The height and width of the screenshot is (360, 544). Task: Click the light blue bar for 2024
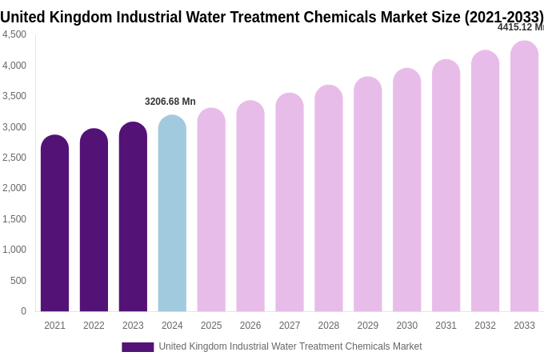(172, 214)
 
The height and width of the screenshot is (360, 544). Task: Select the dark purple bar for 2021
(54, 223)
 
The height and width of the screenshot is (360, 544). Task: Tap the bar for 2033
(524, 176)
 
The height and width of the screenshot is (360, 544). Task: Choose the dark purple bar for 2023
(133, 217)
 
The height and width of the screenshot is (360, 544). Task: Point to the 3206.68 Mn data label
(170, 102)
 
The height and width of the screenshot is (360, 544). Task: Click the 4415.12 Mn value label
(520, 27)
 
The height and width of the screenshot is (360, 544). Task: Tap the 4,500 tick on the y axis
(14, 34)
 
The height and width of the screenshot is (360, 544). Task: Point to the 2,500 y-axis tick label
(14, 158)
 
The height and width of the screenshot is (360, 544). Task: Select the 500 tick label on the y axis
(18, 281)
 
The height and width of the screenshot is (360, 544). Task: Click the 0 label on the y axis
(23, 311)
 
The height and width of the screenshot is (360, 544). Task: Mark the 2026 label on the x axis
(250, 326)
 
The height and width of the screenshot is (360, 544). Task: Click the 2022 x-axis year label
(94, 326)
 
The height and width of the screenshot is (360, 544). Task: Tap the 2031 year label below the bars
(446, 326)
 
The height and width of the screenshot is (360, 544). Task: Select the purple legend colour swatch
(138, 347)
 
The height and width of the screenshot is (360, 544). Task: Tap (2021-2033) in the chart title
(503, 17)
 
